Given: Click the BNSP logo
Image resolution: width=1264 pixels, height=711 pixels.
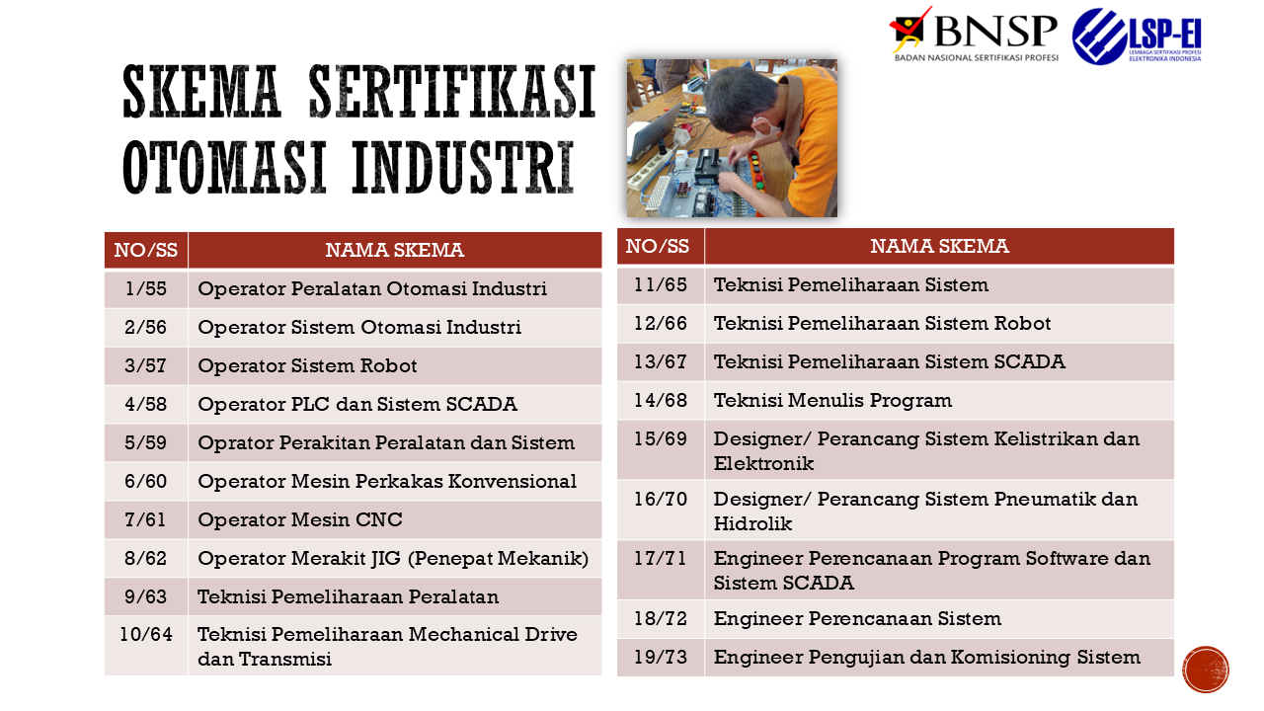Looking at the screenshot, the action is (x=973, y=35).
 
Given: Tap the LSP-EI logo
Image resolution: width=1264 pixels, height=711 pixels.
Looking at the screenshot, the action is (x=1137, y=37).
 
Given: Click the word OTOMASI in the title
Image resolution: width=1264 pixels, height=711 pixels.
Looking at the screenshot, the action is (x=224, y=168).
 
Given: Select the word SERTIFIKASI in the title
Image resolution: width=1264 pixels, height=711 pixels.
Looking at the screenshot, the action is (x=452, y=91).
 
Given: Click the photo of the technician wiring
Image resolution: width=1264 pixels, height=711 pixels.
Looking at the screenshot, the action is (x=732, y=138).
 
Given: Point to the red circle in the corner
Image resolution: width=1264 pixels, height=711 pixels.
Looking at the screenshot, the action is (x=1206, y=670).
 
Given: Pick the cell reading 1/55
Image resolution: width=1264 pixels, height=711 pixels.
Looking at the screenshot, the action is (x=146, y=289).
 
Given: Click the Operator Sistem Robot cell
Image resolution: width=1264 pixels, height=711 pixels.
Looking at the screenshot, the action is (x=395, y=366).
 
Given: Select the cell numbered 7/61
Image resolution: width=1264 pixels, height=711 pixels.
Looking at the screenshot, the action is (x=146, y=520).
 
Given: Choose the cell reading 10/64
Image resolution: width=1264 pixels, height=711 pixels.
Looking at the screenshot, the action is (x=146, y=646).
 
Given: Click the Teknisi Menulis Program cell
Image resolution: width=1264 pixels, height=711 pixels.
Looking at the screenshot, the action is (x=939, y=401).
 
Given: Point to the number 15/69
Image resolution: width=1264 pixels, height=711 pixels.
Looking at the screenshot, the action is (x=661, y=439).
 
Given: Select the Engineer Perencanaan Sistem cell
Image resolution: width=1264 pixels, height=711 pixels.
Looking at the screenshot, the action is (x=939, y=619).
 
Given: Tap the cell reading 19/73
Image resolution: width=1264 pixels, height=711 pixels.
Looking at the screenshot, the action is (x=661, y=658).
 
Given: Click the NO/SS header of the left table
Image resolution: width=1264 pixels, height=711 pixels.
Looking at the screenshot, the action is (x=146, y=250).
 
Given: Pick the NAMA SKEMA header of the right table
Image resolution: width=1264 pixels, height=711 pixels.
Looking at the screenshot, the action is (x=939, y=247).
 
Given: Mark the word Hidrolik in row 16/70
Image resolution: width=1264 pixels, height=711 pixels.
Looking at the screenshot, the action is (x=752, y=524).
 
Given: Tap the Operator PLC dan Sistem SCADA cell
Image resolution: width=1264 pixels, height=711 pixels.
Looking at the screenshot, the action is (x=395, y=405).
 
